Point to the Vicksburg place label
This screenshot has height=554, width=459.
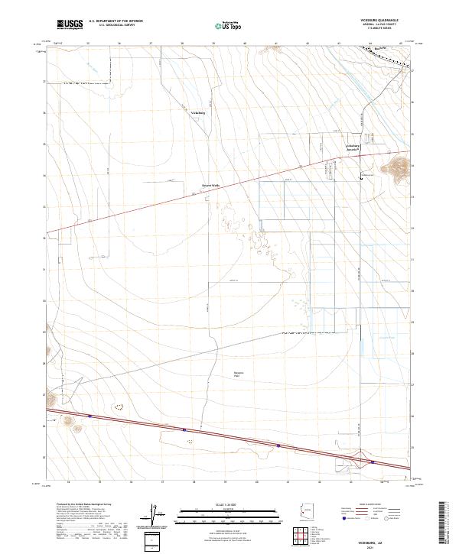198,112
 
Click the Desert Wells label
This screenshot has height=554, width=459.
210,185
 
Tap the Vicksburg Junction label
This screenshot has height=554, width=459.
353,147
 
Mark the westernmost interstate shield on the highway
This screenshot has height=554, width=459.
90,416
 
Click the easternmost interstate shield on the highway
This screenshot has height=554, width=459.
372,462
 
